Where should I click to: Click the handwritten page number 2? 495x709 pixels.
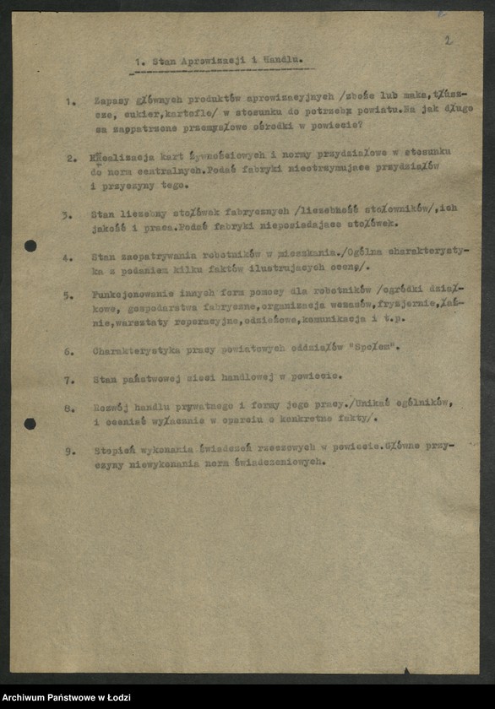[x=448, y=40]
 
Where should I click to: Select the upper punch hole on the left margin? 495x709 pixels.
[x=30, y=246]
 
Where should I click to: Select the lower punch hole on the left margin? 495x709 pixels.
[x=30, y=423]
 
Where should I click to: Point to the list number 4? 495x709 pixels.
[x=68, y=257]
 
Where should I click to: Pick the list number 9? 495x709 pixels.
[x=70, y=451]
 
